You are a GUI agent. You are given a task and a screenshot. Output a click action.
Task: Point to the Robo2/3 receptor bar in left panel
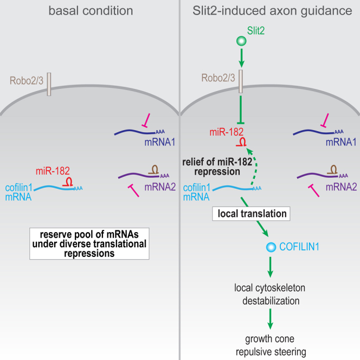pyautogui.click(x=49, y=86)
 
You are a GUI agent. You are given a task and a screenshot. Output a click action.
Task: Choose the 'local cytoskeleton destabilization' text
pyautogui.click(x=269, y=292)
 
